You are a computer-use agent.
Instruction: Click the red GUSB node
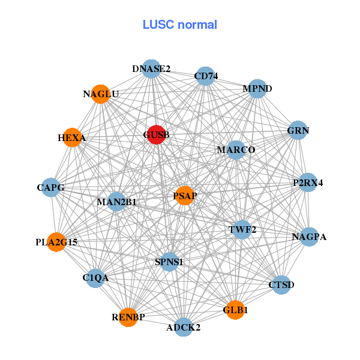156,136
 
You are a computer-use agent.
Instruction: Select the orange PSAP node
185,196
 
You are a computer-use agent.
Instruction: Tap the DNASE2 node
152,69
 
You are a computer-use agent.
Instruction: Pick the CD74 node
206,76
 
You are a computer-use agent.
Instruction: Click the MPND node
257,89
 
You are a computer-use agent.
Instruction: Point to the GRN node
298,130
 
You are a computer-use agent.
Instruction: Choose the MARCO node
236,149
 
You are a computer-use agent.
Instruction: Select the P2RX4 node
308,182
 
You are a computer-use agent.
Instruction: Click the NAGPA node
309,236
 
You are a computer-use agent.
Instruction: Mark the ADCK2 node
184,327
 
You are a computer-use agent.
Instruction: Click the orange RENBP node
128,317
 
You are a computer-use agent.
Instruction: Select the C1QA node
95,278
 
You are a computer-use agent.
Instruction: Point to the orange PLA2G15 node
56,242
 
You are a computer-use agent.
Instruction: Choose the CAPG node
50,188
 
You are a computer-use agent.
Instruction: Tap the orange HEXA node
71,138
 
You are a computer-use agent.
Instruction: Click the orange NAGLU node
101,94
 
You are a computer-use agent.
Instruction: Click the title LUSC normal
180,25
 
